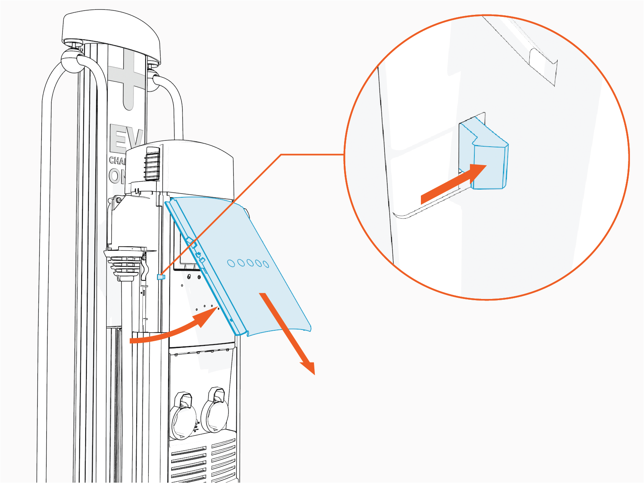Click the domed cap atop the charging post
[111, 32]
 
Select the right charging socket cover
[215, 412]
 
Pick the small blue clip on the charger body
[161, 277]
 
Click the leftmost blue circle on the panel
[231, 263]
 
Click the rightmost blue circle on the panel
[266, 264]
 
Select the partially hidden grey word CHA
[117, 161]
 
